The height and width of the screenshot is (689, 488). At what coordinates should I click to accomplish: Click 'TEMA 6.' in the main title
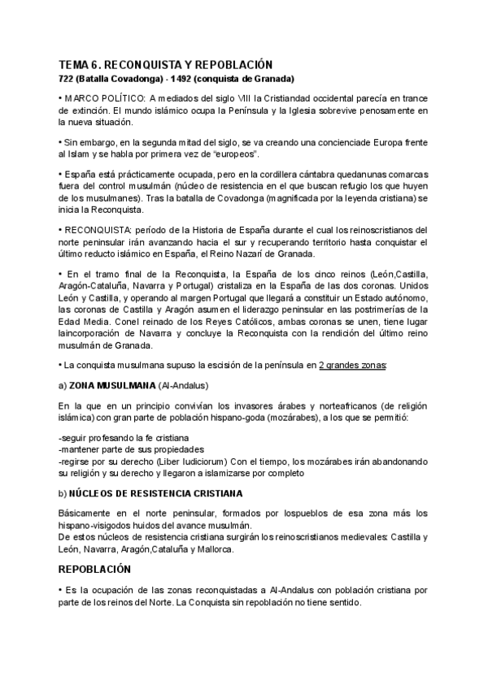coord(80,64)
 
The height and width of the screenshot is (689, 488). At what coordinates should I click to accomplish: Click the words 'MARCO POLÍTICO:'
coord(100,98)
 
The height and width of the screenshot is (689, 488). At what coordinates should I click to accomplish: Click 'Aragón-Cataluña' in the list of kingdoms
coord(91,288)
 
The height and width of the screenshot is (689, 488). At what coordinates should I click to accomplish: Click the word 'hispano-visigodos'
coord(95,526)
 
